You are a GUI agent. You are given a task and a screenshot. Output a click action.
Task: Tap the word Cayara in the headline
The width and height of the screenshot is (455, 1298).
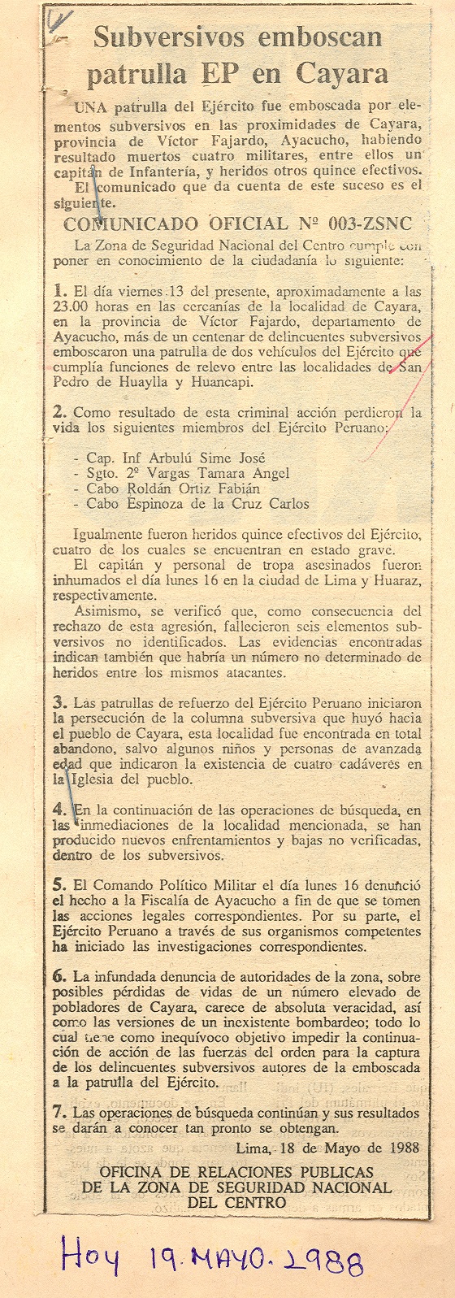341,75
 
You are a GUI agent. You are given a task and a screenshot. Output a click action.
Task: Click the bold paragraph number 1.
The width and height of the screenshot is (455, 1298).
58,289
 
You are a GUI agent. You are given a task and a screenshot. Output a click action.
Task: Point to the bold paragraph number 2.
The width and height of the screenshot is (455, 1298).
58,412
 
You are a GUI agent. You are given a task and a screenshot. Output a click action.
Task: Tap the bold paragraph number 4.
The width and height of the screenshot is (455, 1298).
58,810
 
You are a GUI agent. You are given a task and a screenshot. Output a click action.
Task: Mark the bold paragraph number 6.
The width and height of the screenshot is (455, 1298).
58,972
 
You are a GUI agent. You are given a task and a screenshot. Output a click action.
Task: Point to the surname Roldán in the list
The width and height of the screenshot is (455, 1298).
137,488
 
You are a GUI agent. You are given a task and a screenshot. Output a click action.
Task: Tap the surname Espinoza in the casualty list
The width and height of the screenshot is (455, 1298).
146,504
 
